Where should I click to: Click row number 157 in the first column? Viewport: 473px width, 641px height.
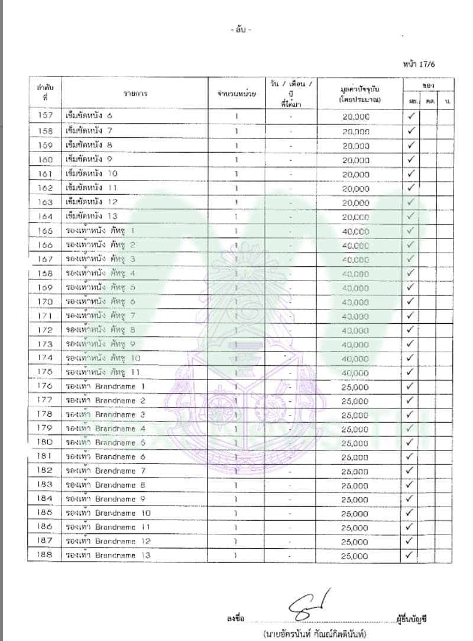(45, 115)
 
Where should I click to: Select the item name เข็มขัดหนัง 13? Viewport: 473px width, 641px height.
(92, 216)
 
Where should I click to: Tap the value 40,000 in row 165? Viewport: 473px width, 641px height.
(355, 231)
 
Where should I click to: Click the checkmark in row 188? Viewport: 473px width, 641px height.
(411, 555)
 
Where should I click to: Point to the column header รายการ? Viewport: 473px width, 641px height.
(135, 94)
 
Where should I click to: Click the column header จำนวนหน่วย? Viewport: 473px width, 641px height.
(236, 94)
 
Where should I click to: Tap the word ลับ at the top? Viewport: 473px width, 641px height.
(241, 30)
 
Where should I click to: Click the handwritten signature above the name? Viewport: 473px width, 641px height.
(309, 605)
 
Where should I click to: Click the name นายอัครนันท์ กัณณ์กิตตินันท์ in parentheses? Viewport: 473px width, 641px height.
(315, 634)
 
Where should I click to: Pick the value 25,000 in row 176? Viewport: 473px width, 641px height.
(355, 387)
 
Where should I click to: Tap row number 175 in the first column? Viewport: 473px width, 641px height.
(45, 372)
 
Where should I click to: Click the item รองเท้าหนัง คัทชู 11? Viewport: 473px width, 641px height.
(103, 372)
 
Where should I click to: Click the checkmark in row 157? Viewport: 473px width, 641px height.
(411, 115)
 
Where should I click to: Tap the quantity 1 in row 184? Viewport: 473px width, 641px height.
(236, 499)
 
